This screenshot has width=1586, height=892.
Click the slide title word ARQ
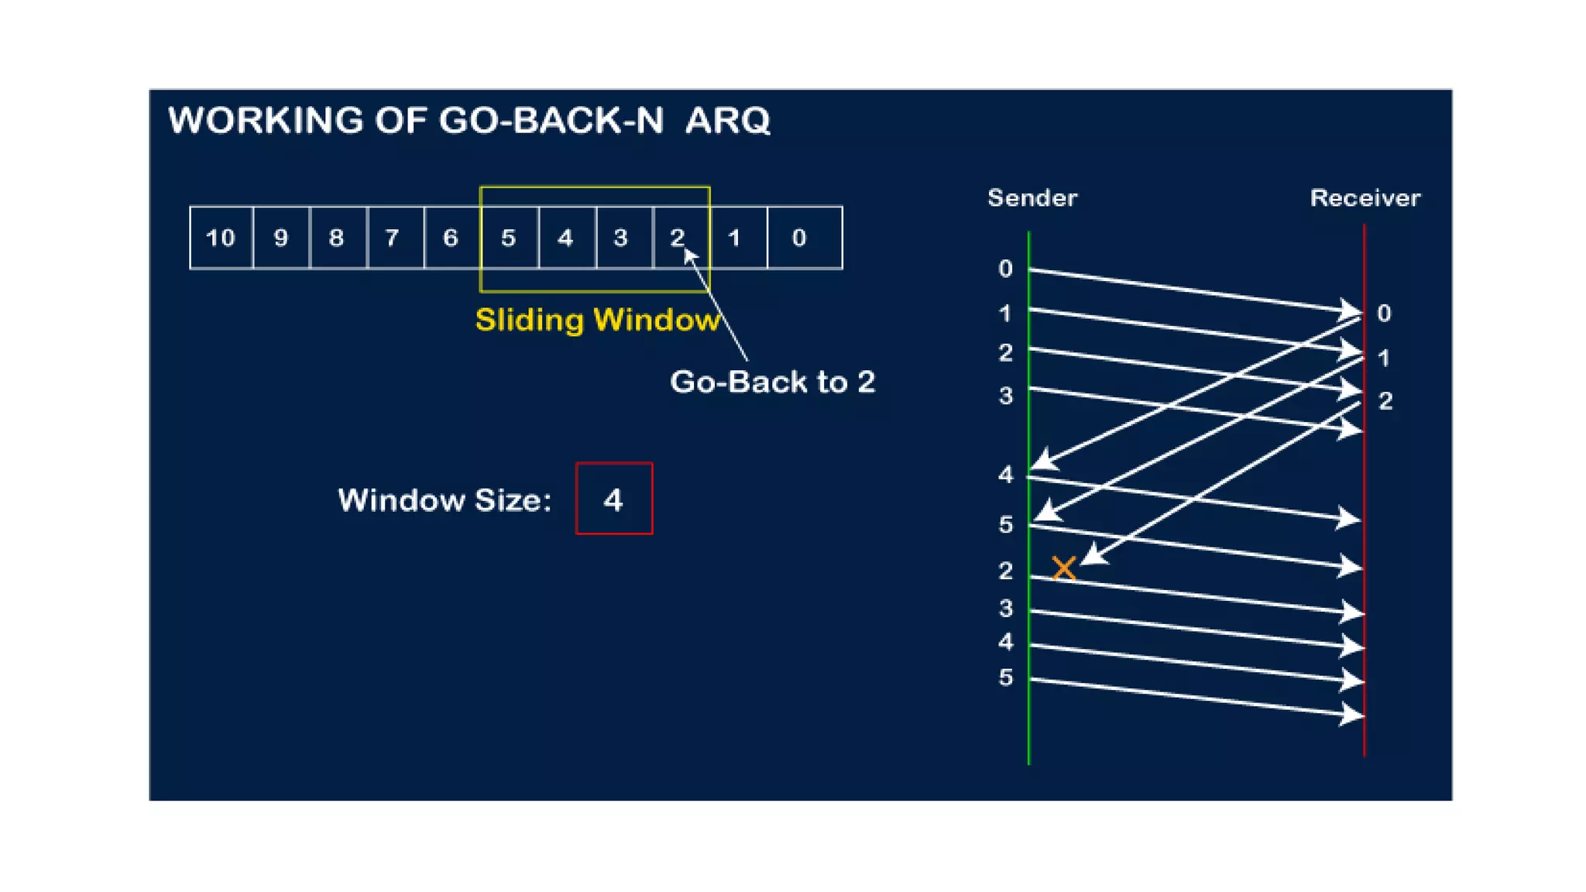[727, 121]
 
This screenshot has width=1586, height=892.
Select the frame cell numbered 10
[221, 238]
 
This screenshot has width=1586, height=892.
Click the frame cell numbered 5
[508, 238]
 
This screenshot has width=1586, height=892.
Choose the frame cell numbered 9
[280, 238]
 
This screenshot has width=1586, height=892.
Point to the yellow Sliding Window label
[597, 320]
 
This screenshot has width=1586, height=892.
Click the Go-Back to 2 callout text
[772, 382]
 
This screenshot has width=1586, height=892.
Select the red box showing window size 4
[614, 499]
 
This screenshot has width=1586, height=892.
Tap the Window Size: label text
[445, 500]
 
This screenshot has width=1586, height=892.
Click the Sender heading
[1032, 198]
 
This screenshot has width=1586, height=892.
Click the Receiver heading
[1365, 198]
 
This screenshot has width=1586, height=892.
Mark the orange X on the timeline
[1064, 568]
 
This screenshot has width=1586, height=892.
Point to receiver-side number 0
[1385, 314]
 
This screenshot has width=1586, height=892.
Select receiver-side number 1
[1384, 359]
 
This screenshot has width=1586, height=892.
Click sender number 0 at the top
[1005, 269]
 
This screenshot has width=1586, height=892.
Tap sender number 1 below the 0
[1005, 314]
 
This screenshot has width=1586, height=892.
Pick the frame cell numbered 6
[451, 238]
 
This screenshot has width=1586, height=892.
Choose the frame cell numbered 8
[336, 238]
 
